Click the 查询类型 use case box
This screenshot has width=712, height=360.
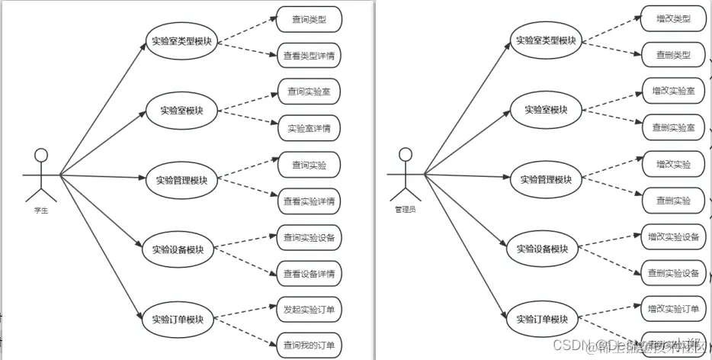(x=309, y=20)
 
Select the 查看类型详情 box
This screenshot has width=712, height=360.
(x=309, y=56)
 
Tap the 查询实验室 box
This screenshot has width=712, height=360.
(x=309, y=92)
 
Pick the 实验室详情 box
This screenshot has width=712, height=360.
(x=309, y=127)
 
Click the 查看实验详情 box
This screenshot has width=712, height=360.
(x=309, y=201)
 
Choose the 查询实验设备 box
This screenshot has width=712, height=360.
(x=309, y=237)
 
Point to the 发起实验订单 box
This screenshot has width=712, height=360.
(x=309, y=310)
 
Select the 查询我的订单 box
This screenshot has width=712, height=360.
(x=309, y=345)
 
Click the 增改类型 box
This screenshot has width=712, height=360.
(x=673, y=18)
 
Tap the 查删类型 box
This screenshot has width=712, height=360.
(x=673, y=54)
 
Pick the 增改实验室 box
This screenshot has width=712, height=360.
(x=673, y=91)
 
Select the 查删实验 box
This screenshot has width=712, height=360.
(x=673, y=201)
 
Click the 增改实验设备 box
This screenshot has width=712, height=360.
(x=673, y=236)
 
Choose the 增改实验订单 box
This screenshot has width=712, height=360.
(x=673, y=309)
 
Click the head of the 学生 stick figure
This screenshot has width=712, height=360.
(x=41, y=156)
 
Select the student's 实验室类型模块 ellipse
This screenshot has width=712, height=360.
(x=182, y=41)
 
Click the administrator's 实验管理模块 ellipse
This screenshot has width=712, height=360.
(x=546, y=179)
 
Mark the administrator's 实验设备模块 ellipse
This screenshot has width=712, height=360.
(x=542, y=249)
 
